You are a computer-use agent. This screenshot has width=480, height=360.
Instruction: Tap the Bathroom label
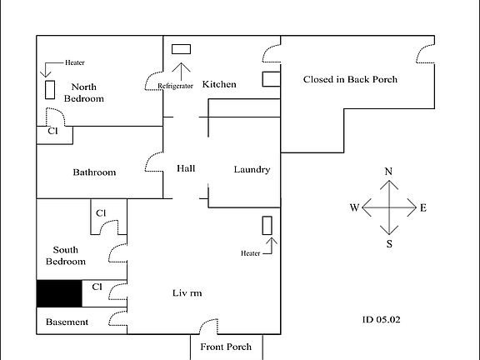[x=94, y=172]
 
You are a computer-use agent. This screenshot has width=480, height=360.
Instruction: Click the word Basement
[x=67, y=322]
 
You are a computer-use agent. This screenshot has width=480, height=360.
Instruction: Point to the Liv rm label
[x=187, y=293]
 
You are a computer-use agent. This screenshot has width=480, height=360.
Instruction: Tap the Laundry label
[x=252, y=169]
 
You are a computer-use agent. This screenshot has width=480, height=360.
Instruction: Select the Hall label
[x=186, y=169]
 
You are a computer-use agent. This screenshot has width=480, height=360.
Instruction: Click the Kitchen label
[x=219, y=84]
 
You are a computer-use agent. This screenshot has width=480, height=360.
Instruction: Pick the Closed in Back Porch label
[x=350, y=80]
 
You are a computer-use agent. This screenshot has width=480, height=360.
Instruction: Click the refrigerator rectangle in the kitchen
[x=181, y=49]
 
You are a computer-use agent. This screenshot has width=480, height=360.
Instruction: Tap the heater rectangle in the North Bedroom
[x=50, y=89]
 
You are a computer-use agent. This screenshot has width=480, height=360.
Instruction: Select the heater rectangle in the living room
[x=267, y=225]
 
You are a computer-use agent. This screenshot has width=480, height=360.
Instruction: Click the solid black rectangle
[x=59, y=293]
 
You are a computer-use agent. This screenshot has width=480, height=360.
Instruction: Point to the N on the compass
[x=388, y=171]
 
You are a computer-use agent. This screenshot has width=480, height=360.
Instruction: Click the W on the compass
[x=354, y=208]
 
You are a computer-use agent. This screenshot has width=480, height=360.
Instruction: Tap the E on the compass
[x=423, y=208]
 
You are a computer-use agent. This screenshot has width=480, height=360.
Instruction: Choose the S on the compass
[x=388, y=244]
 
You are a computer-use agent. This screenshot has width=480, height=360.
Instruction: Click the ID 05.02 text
[x=382, y=318]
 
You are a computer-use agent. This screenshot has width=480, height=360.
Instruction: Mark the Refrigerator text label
[x=176, y=86]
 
